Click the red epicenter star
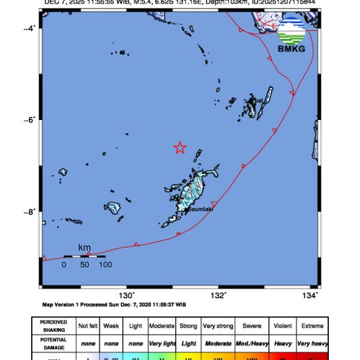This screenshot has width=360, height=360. pos(179,148)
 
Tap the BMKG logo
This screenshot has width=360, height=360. pos(292,33)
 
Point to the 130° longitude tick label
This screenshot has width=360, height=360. pos(127,295)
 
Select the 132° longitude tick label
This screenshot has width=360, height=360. pos(218,295)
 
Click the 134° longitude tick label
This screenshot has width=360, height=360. pos(310,295)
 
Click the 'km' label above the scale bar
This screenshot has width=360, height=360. pos(85,247)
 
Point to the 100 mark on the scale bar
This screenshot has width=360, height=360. pos(106,264)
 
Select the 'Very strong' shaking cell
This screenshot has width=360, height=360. pos(218,326)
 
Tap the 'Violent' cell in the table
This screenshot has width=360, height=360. pos(283,326)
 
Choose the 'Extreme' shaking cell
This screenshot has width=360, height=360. pos(313,326)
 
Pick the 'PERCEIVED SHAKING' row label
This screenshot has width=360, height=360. pos(53,326)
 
